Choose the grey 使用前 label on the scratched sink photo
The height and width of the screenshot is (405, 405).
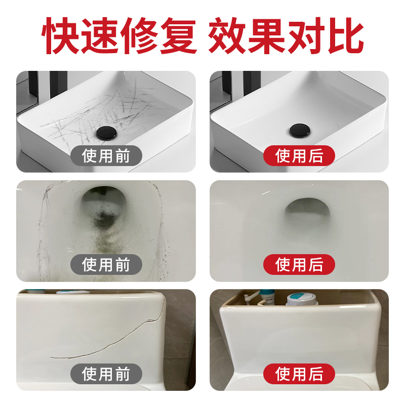pos(106,155)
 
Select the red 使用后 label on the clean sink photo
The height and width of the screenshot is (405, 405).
pos(299,155)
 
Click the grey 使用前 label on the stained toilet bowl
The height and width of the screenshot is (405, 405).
pos(106,264)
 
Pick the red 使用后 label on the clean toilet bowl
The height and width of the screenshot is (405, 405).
pos(299,264)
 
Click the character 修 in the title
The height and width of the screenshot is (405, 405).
pos(137,36)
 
